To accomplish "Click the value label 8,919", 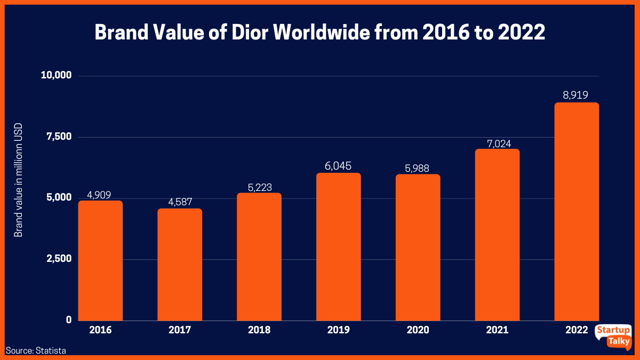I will (x=577, y=95).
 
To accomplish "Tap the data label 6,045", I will (x=339, y=165).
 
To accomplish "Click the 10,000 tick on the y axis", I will (x=57, y=75).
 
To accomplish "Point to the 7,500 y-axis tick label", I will (x=59, y=137).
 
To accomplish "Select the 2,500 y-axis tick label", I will (x=59, y=259).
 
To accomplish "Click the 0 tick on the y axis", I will (x=69, y=319).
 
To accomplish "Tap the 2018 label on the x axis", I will (x=259, y=330).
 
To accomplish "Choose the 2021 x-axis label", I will (x=497, y=330).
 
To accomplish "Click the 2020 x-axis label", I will (x=418, y=330).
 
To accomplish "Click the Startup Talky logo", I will (x=613, y=337).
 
